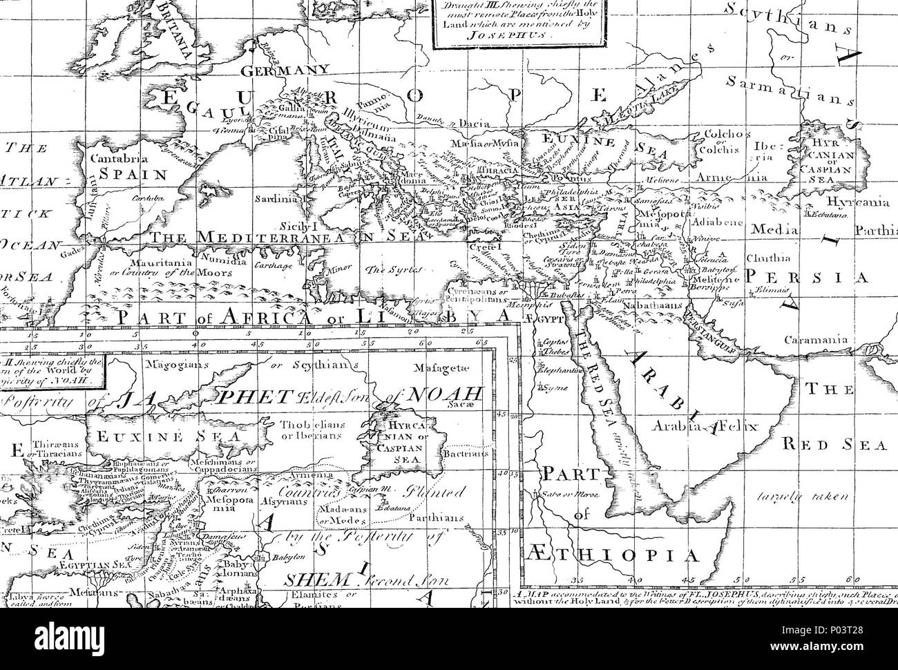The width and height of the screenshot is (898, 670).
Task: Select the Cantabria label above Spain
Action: (111, 158)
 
